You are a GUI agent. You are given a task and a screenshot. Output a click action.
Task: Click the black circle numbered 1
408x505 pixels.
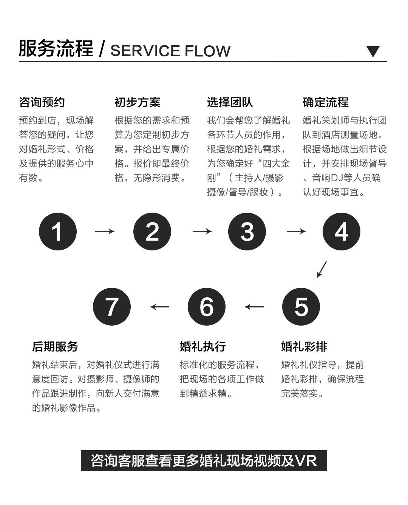click(x=57, y=231)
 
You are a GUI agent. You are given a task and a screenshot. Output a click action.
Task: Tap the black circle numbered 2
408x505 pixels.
click(x=152, y=231)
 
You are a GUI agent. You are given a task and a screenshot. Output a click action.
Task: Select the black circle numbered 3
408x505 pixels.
click(x=247, y=231)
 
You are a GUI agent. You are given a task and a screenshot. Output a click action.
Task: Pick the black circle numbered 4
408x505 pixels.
click(x=342, y=231)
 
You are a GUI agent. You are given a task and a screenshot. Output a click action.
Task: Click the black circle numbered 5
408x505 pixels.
click(x=301, y=307)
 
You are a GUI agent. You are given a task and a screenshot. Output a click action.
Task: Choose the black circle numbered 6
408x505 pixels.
click(x=207, y=307)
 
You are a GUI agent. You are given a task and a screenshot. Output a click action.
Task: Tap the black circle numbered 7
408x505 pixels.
click(x=112, y=307)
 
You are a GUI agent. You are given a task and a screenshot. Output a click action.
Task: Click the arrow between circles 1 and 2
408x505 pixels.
click(x=105, y=231)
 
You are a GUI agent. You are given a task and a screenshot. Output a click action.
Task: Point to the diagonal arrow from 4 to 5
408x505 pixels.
click(x=322, y=270)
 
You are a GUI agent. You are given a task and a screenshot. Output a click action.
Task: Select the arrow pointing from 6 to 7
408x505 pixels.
click(x=159, y=307)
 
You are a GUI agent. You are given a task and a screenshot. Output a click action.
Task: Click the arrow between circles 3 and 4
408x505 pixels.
click(x=296, y=231)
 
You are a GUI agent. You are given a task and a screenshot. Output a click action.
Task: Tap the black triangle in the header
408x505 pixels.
click(x=373, y=51)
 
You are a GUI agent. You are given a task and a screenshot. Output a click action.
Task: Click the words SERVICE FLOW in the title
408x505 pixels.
click(x=170, y=51)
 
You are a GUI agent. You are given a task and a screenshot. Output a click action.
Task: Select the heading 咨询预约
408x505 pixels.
click(x=42, y=102)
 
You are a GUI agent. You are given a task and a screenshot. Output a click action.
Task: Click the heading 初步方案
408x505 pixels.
click(x=138, y=102)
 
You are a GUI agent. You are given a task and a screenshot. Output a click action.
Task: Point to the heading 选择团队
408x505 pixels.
click(x=230, y=102)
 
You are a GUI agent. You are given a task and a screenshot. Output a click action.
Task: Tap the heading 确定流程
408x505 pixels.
click(x=326, y=102)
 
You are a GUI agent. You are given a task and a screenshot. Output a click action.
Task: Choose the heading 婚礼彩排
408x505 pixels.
click(x=304, y=346)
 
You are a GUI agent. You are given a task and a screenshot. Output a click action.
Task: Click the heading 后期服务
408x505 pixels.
click(x=55, y=346)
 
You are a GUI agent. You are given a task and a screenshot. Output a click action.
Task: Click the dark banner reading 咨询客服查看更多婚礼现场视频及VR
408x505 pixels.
click(x=204, y=460)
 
